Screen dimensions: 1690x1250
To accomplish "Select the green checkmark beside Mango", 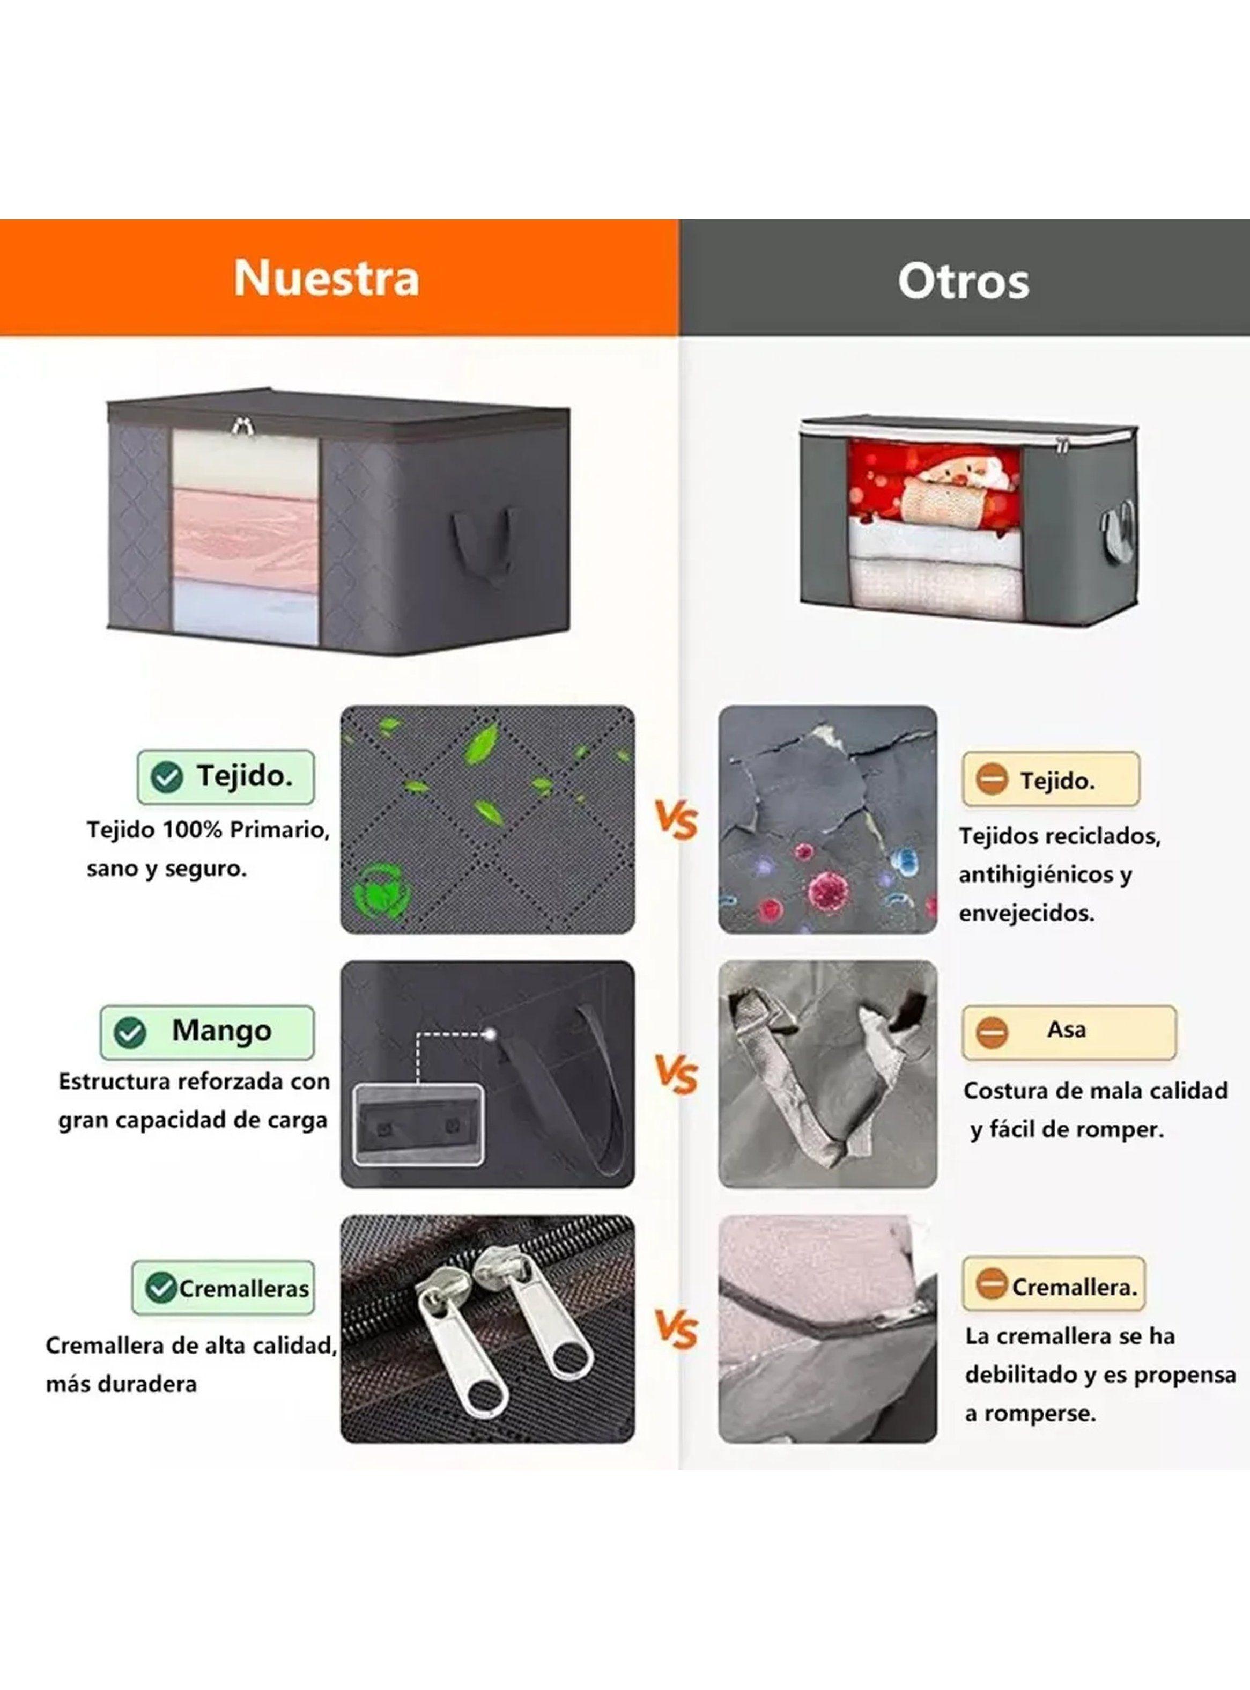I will pos(130,1032).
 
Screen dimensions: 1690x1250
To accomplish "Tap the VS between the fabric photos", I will pos(675,821).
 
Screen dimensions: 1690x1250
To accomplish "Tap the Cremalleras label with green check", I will pos(223,1288).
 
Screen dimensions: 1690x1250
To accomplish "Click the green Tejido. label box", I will pos(225,776).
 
